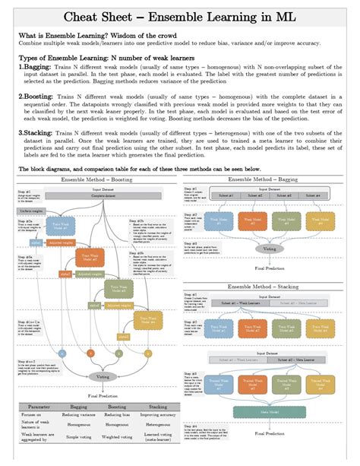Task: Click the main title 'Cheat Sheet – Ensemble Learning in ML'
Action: (x=179, y=16)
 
